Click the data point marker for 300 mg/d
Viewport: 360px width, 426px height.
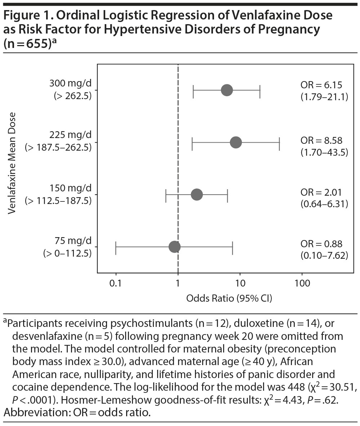pos(227,90)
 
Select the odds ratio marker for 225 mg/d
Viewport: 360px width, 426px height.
pos(236,142)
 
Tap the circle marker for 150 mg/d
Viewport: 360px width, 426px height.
pos(197,195)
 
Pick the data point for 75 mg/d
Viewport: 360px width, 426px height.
pos(174,247)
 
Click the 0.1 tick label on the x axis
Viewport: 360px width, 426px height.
pos(116,284)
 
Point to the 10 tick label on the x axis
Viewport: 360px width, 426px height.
pos(240,284)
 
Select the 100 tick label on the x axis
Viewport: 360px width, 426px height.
pos(302,284)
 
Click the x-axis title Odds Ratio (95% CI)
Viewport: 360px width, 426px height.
pos(229,298)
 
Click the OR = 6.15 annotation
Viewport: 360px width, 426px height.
pos(321,85)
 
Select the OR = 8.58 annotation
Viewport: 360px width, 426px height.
pos(321,140)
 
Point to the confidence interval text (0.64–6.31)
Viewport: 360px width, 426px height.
pos(324,204)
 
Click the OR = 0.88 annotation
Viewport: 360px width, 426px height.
pos(321,244)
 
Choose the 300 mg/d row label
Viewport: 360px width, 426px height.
pos(70,84)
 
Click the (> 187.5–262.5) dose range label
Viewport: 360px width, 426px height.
pos(58,148)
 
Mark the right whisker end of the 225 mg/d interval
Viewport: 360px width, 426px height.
pos(279,142)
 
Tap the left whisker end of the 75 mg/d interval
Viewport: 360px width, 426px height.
pos(116,247)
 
